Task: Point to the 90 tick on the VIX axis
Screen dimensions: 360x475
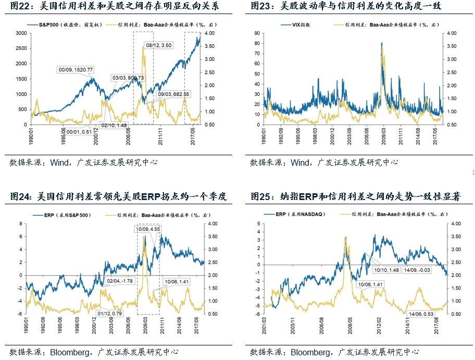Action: tap(257, 33)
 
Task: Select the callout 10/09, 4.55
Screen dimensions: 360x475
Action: tap(148, 228)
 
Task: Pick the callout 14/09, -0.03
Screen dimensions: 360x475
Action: tap(416, 269)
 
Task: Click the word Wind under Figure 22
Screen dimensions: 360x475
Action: tap(60, 163)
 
